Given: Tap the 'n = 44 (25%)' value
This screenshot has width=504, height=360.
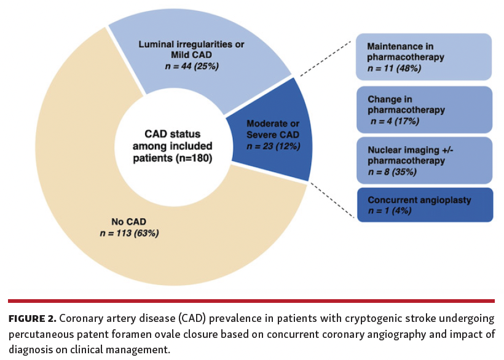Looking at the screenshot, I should [x=191, y=66].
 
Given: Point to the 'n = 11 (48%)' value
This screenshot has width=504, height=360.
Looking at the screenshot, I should [x=394, y=68].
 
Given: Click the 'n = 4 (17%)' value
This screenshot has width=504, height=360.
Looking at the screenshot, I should [x=395, y=121].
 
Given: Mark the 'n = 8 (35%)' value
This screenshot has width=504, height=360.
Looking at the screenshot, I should [x=392, y=172].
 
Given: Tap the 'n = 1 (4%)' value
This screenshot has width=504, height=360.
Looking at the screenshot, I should [x=390, y=211].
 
